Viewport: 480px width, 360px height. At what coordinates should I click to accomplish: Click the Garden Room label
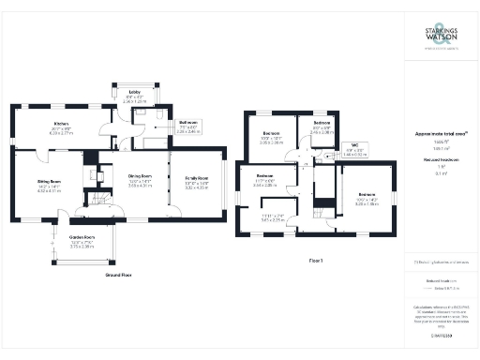pyautogui.click(x=83, y=238)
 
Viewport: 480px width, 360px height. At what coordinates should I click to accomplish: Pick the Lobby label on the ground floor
pyautogui.click(x=134, y=91)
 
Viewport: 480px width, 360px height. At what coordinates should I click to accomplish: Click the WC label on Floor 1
pyautogui.click(x=351, y=144)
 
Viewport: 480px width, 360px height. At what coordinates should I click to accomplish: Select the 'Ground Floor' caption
pyautogui.click(x=118, y=275)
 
